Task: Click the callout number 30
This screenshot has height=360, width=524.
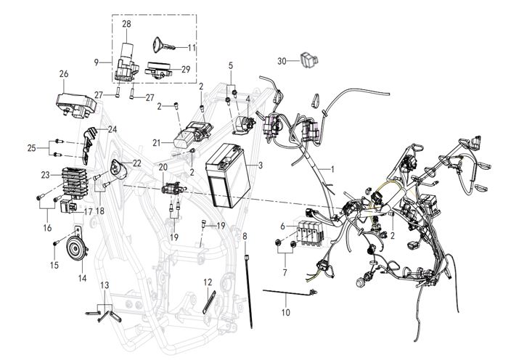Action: (283, 61)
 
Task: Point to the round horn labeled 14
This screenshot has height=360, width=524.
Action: (74, 250)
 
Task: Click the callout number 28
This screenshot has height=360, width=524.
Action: (126, 25)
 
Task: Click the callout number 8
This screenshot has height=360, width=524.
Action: (245, 237)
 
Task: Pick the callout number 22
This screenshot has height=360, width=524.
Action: (137, 163)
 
